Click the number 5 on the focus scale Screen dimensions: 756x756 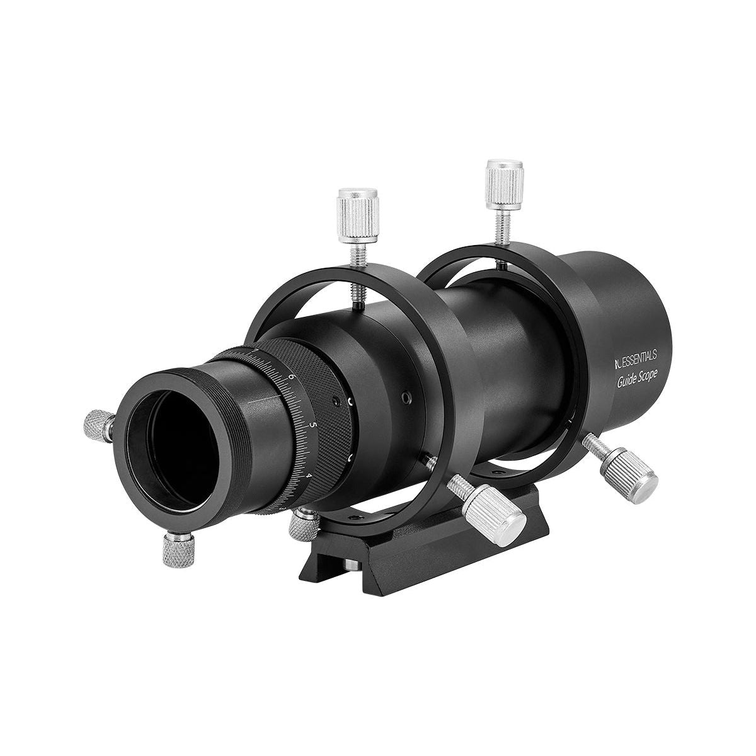tap(314, 425)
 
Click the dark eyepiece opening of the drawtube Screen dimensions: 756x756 tap(169, 452)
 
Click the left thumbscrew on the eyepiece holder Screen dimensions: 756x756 tap(96, 425)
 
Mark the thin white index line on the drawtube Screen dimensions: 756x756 tap(261, 401)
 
